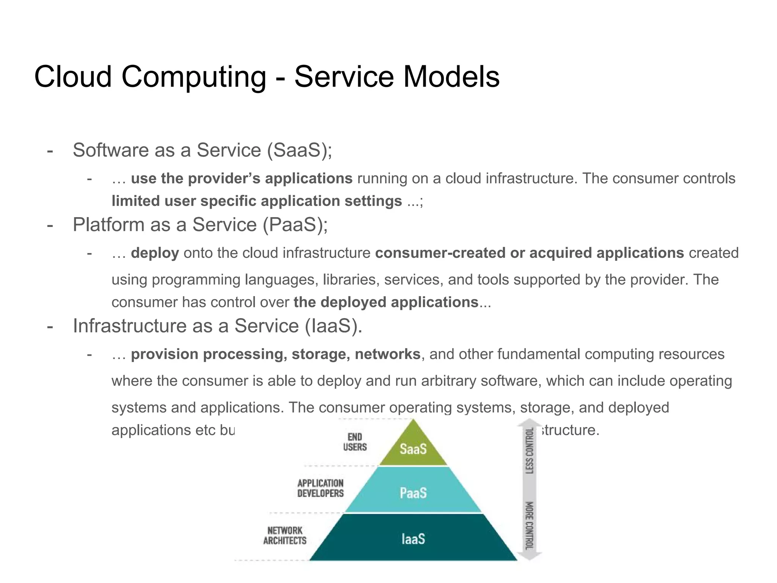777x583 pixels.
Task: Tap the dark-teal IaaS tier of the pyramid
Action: click(413, 539)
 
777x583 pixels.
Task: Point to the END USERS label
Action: click(355, 442)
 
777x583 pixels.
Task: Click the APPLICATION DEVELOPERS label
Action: click(320, 488)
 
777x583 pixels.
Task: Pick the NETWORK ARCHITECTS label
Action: click(285, 535)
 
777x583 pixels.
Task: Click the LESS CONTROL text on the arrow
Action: click(530, 451)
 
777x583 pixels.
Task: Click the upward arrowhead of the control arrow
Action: click(530, 422)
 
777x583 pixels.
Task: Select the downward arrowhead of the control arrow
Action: click(530, 556)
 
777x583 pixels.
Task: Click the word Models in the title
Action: click(451, 77)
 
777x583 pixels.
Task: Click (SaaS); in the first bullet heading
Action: click(299, 150)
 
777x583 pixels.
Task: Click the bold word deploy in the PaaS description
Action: click(155, 253)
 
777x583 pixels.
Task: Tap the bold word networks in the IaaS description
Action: click(387, 354)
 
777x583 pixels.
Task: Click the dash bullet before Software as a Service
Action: click(50, 150)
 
